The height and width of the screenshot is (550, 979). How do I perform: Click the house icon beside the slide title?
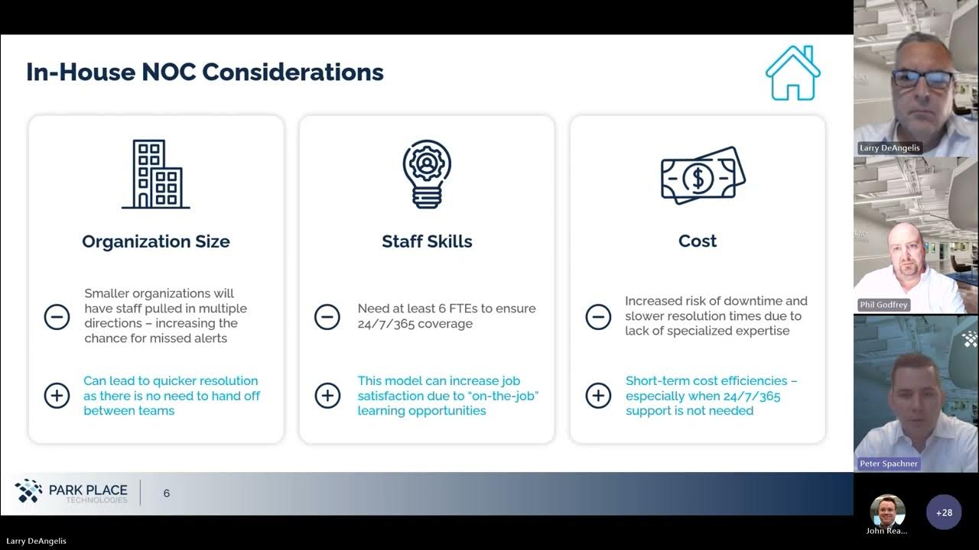click(x=792, y=73)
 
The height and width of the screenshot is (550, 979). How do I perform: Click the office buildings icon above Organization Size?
click(x=156, y=174)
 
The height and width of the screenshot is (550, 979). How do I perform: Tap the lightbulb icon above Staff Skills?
click(x=427, y=174)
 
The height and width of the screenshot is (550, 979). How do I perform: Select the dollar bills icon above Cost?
click(x=702, y=176)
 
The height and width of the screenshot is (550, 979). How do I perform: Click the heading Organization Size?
click(x=156, y=241)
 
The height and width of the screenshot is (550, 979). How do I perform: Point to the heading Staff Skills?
click(x=427, y=241)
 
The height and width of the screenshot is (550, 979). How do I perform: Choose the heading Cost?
click(x=698, y=241)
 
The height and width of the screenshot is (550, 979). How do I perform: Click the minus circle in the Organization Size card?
click(x=57, y=316)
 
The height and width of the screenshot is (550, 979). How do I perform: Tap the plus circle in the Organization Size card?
click(x=57, y=395)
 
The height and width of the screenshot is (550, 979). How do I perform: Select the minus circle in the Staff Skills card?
click(x=327, y=316)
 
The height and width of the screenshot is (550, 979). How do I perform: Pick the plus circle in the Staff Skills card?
click(x=327, y=395)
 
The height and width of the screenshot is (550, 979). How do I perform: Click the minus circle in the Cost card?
click(x=598, y=316)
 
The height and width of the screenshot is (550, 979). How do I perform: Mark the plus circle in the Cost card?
click(x=598, y=395)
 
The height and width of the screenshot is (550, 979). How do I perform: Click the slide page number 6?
click(x=167, y=493)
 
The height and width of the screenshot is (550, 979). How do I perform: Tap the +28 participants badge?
click(x=944, y=513)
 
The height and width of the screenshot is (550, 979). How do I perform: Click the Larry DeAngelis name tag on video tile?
click(x=890, y=147)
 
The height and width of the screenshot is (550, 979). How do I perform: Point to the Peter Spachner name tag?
click(x=889, y=464)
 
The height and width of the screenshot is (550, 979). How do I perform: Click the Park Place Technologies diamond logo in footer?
click(x=29, y=490)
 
